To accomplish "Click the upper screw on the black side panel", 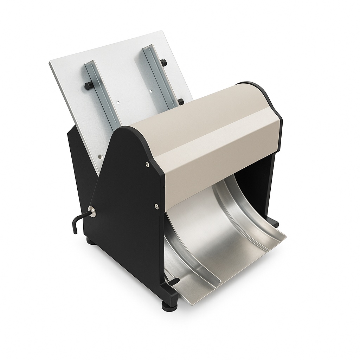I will (x=147, y=163).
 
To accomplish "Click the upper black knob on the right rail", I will (x=163, y=63).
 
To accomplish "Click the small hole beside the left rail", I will (x=118, y=103).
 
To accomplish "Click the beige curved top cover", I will (x=207, y=134).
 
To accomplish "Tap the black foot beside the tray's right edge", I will (x=275, y=224).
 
